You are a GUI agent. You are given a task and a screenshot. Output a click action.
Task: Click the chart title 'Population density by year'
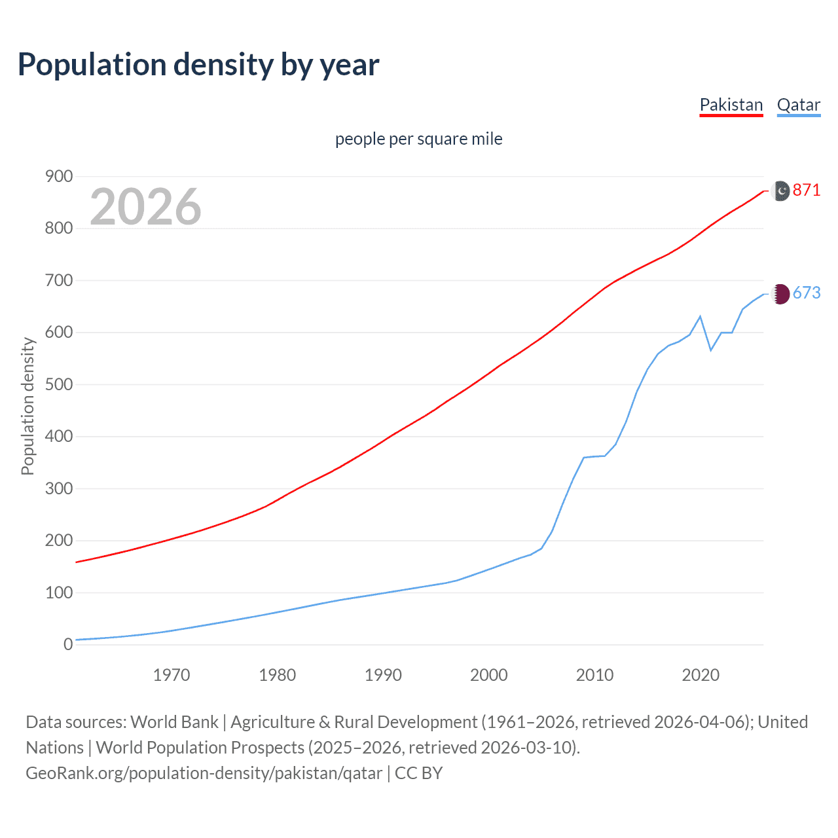coord(198,65)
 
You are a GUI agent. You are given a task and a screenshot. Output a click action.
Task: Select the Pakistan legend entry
coord(731,105)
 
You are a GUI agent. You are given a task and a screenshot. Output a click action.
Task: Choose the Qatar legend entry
coord(798,105)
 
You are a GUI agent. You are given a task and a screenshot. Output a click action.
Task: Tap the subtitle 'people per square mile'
coord(418,139)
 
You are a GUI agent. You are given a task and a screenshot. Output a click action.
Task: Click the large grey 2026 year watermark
coord(145,207)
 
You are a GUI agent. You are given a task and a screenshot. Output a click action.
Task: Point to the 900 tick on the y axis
coord(59,177)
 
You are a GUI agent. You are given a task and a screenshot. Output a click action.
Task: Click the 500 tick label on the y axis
coord(59,384)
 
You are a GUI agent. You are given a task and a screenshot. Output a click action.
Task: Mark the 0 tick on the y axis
coord(68,644)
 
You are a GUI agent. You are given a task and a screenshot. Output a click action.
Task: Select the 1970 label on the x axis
coord(172,675)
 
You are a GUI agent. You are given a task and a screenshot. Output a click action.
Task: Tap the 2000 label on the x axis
coord(488,675)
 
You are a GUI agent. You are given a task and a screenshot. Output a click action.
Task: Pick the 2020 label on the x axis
coord(701,675)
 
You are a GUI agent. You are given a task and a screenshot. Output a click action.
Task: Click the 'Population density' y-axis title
coord(27,406)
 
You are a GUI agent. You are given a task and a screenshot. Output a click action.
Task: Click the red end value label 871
coord(806,191)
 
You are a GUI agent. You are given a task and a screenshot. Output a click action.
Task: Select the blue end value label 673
coord(806,293)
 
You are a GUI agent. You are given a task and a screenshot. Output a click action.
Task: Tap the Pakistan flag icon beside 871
coord(782,191)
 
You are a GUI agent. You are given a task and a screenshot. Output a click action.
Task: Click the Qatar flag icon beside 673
coord(782,294)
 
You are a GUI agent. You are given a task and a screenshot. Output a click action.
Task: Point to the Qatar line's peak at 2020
coord(701,316)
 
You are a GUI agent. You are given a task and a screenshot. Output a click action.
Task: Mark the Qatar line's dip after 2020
coord(711,350)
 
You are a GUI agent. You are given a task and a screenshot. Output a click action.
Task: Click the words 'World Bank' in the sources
coord(174,721)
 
